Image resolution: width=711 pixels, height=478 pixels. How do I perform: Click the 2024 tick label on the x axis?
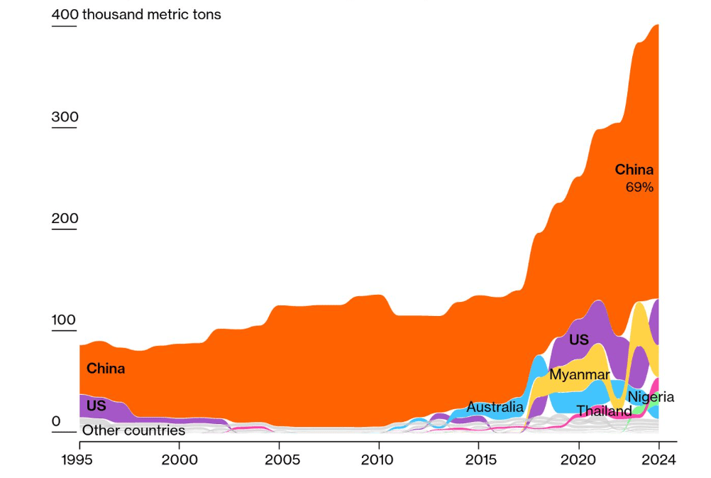click(658, 460)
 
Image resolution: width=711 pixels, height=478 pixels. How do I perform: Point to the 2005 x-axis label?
click(279, 460)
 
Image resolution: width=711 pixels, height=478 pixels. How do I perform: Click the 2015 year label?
click(479, 460)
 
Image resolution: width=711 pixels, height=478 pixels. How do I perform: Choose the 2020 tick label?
click(579, 460)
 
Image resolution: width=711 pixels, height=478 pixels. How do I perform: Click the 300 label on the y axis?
click(65, 117)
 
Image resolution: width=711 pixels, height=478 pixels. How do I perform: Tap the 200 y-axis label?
click(65, 219)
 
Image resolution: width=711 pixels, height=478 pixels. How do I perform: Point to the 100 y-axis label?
click(65, 320)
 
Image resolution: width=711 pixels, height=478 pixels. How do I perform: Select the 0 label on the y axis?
click(56, 422)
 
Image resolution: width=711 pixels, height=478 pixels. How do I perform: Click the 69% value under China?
click(639, 188)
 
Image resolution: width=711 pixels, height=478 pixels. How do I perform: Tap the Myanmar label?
click(580, 374)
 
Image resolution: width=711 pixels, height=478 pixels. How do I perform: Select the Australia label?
click(495, 408)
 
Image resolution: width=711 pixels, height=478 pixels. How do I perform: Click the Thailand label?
click(604, 411)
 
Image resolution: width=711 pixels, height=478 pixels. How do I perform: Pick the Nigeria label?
click(651, 397)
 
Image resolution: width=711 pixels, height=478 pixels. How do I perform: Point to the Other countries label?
click(133, 430)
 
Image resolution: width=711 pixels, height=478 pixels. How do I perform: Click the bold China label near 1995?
click(106, 369)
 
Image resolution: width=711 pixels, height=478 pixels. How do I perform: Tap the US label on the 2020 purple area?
click(579, 340)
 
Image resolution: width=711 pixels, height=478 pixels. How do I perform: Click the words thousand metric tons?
click(152, 14)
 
